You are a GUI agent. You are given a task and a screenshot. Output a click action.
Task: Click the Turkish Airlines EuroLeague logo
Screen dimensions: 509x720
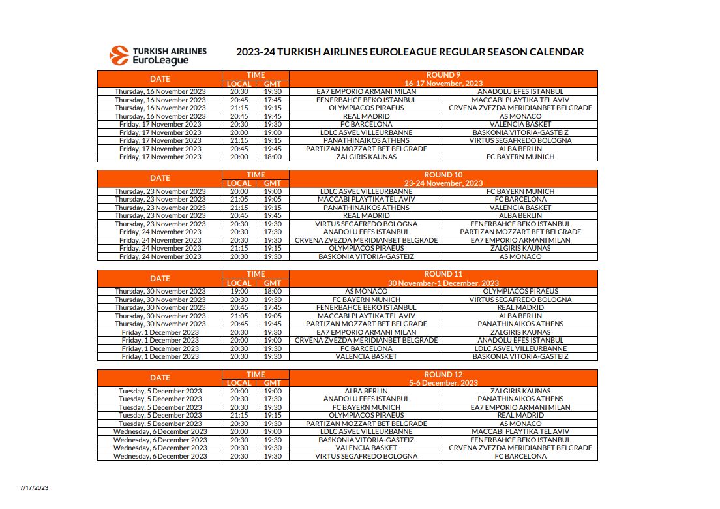[158, 55]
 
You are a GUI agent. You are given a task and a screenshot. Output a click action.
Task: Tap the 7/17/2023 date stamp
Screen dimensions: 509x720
[34, 487]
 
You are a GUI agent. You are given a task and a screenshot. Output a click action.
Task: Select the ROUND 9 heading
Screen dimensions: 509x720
[443, 75]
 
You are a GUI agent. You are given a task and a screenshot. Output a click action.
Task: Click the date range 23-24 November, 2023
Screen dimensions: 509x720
[443, 183]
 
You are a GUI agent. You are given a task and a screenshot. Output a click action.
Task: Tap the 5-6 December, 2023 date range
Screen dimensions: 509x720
[443, 383]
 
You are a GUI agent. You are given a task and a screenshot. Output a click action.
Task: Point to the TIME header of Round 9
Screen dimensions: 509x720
[256, 75]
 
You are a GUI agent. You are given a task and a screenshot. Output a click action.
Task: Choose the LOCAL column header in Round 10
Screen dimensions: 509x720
[239, 183]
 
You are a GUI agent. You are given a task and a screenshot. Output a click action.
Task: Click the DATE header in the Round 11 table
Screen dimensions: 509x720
[160, 279]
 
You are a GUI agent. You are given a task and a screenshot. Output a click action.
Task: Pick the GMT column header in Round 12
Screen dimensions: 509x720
[272, 383]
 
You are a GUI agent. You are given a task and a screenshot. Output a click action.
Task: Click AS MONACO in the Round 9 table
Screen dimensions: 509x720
[520, 116]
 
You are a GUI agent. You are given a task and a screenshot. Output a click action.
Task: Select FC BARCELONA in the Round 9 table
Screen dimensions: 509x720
[366, 124]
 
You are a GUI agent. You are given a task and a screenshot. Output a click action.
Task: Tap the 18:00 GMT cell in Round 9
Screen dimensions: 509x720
[272, 157]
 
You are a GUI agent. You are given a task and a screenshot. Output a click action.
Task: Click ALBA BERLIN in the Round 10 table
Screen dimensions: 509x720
[520, 215]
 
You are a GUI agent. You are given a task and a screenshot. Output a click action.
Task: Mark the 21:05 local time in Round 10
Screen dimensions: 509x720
[239, 199]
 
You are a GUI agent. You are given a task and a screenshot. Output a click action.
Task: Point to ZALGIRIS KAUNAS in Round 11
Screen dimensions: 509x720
[520, 332]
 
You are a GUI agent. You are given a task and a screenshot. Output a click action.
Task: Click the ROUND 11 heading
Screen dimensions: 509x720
[443, 274]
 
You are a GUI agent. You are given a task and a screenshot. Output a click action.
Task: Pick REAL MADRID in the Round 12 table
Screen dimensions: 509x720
[520, 415]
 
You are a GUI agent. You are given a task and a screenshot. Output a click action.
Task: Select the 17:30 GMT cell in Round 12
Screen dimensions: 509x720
[272, 399]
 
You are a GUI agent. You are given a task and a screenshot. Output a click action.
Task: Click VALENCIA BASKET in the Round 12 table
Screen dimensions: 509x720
[366, 448]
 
